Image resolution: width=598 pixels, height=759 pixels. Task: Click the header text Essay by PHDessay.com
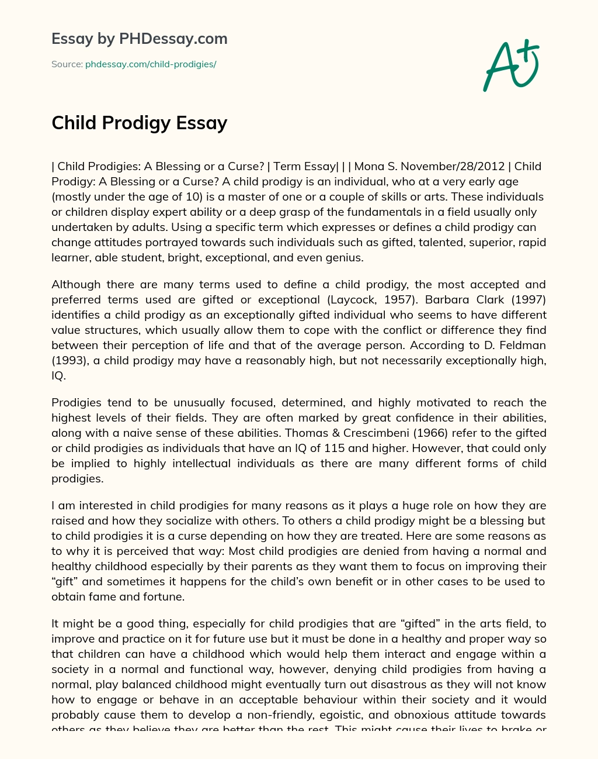pos(140,39)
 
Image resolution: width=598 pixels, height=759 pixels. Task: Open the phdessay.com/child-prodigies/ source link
pos(151,64)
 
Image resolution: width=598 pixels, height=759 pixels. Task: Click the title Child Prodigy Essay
pos(140,123)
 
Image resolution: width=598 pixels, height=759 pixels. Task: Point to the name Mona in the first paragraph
pos(368,166)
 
